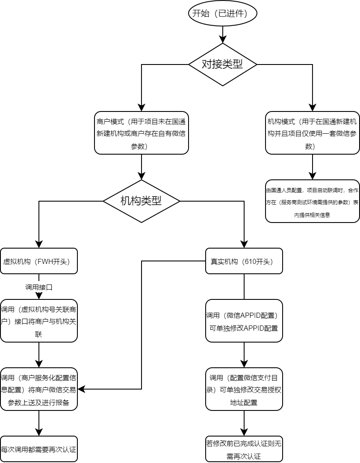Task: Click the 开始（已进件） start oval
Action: coord(223,13)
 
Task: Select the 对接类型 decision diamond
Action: coord(223,64)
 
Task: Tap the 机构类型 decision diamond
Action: coord(142,201)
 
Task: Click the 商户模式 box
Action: coord(142,133)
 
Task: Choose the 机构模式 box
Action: coord(313,133)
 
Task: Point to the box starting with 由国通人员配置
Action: coord(313,201)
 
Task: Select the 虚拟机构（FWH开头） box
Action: coord(39,261)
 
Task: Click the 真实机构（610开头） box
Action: coord(244,261)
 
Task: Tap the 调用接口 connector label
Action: coord(39,287)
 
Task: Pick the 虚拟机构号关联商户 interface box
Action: coord(39,321)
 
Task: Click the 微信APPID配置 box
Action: coord(244,321)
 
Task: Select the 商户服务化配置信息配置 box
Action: coord(39,389)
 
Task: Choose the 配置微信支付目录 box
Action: coord(244,389)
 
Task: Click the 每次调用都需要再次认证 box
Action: coord(39,449)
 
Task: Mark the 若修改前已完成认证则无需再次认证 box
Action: coord(244,449)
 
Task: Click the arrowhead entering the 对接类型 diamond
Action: coord(223,40)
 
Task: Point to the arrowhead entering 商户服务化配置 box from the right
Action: coord(81,389)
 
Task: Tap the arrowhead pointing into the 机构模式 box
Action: coord(313,108)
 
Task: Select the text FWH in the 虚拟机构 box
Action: coord(46,261)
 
